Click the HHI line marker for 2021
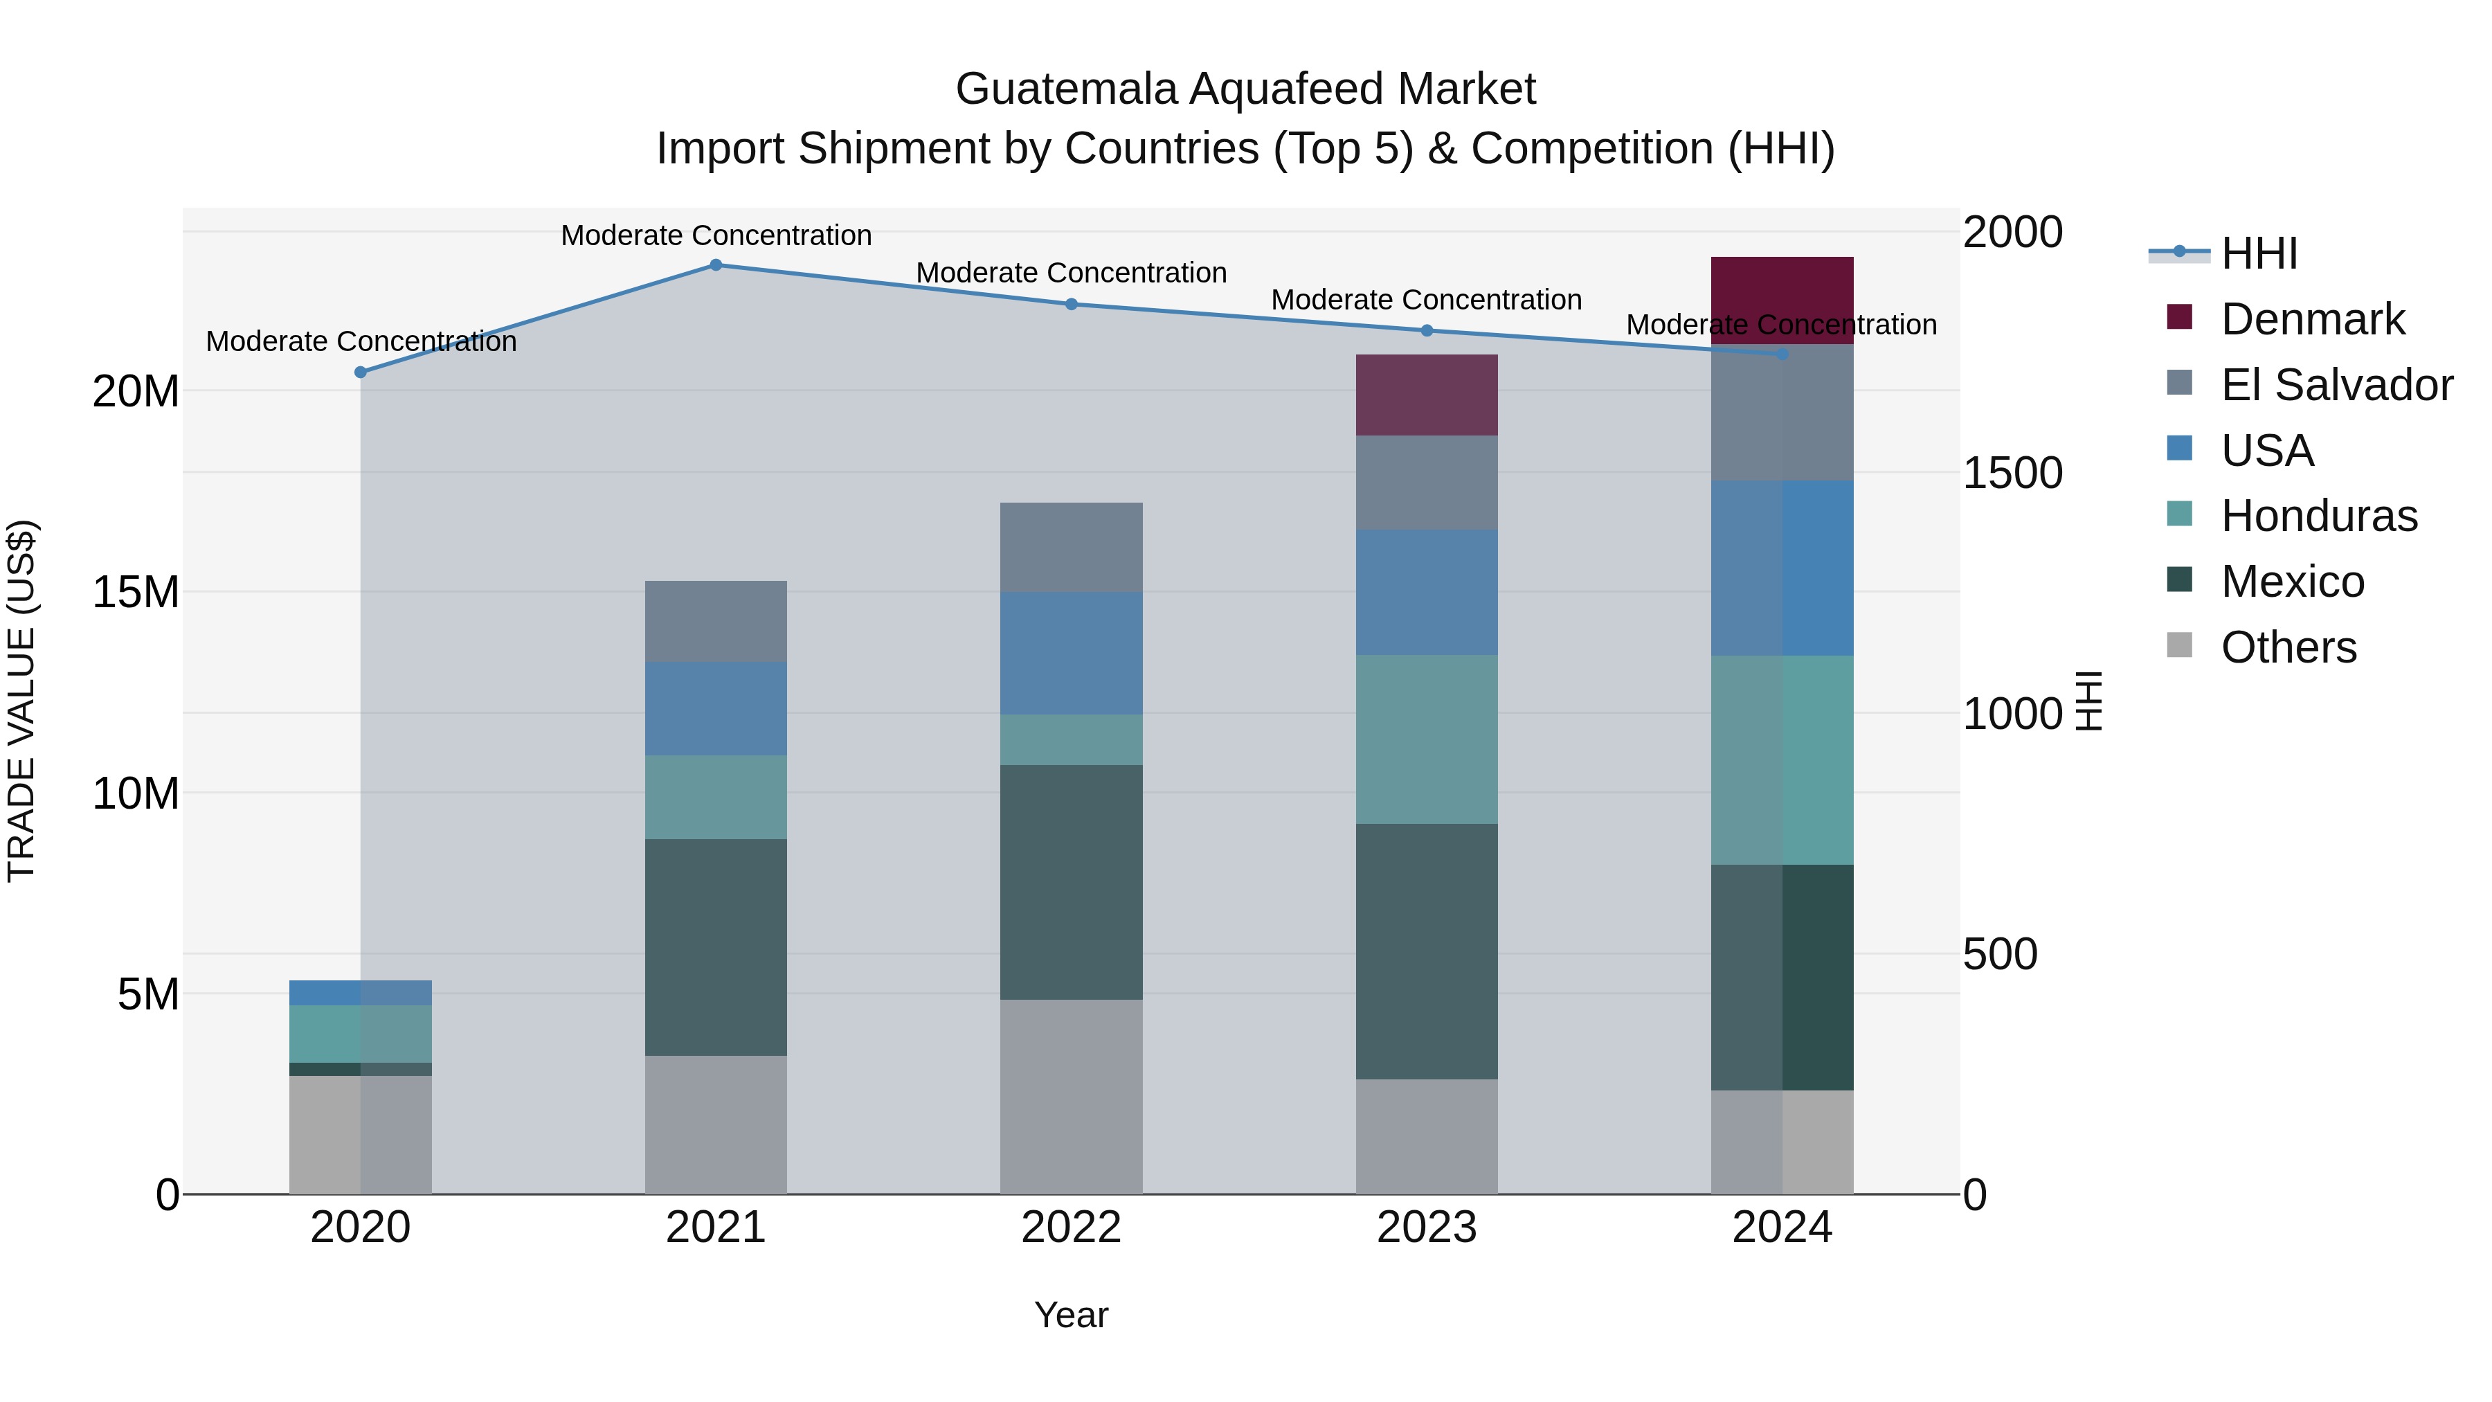[716, 265]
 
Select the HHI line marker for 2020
[361, 372]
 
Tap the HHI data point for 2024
[1783, 354]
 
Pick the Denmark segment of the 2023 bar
[1426, 395]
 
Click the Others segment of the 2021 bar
[716, 1124]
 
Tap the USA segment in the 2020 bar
[361, 993]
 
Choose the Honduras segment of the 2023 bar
[1426, 739]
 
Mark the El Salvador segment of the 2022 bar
[1071, 548]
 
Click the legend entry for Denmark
[2312, 319]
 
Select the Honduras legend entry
[2319, 516]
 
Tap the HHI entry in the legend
[2259, 253]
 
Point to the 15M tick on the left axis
[136, 592]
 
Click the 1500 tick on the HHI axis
[2013, 473]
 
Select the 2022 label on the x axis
[1071, 1228]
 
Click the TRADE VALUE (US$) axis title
[21, 701]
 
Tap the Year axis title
[1071, 1315]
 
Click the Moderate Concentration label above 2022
[1071, 273]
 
